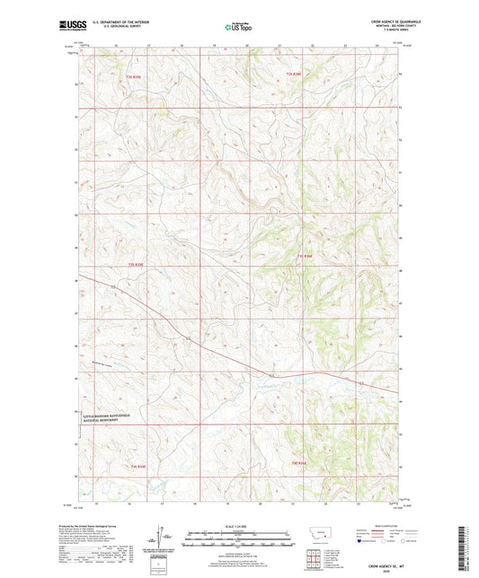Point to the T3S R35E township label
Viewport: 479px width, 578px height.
pos(135,266)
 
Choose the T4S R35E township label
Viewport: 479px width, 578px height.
pos(137,467)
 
